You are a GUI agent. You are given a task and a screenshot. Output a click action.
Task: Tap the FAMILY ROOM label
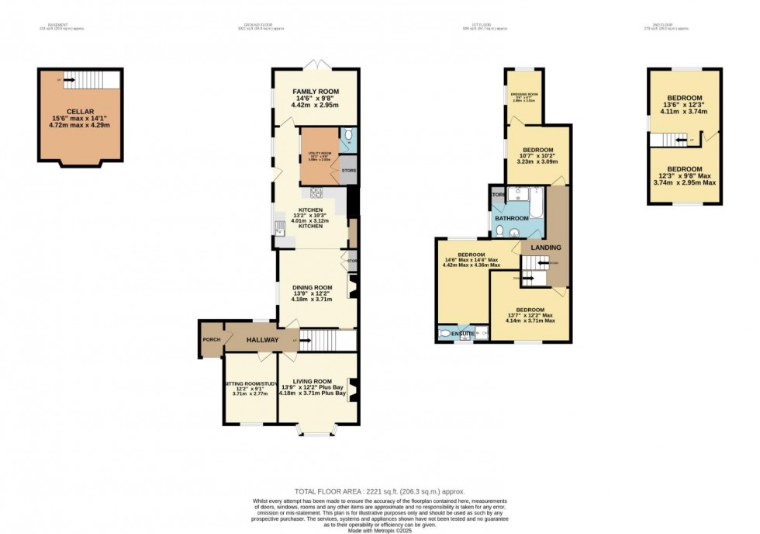click(x=315, y=92)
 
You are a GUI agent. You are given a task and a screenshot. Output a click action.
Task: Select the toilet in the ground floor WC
click(x=349, y=136)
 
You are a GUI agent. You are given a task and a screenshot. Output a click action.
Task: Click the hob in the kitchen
click(x=316, y=193)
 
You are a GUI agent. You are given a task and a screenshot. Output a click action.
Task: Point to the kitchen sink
click(x=278, y=227)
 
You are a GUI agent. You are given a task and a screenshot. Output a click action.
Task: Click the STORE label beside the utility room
click(x=349, y=170)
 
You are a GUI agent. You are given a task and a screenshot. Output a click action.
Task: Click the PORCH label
click(x=211, y=340)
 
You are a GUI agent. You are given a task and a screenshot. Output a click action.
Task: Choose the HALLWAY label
click(x=262, y=340)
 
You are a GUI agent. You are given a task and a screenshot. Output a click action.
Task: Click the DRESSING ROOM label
click(x=524, y=95)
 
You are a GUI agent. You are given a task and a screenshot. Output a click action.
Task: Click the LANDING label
click(x=545, y=248)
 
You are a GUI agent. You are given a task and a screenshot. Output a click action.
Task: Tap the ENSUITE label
click(x=463, y=334)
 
